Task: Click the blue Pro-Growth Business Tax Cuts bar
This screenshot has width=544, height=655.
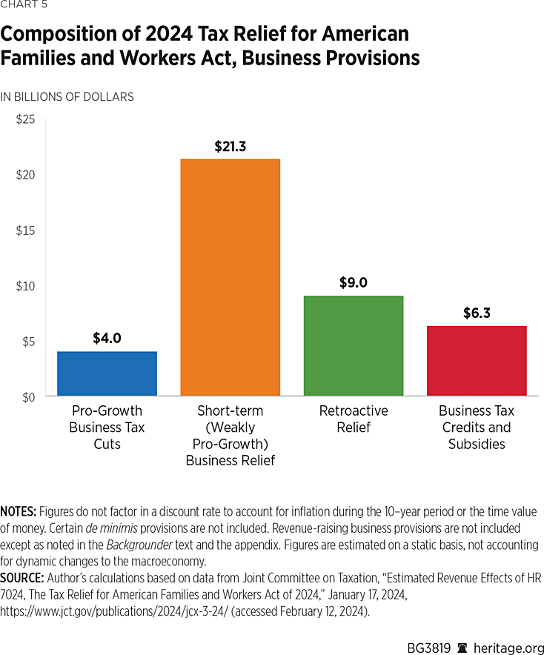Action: pos(107,373)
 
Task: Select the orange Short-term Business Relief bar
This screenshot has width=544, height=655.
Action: pos(230,278)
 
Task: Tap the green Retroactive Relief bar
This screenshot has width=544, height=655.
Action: pos(353,346)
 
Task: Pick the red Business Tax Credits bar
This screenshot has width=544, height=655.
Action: pos(477,361)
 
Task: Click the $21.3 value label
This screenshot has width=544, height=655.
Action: pos(230,147)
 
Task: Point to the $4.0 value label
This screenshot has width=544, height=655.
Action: pos(107,339)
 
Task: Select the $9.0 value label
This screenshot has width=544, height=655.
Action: pos(354,283)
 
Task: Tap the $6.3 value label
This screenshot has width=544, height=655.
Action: pos(477,313)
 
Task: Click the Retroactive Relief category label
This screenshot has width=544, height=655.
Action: pos(354,419)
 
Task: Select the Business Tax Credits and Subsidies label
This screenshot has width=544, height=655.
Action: pos(477,428)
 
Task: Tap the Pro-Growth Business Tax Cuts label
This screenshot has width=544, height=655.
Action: pos(107,428)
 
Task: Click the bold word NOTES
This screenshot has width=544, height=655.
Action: pos(19,512)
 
